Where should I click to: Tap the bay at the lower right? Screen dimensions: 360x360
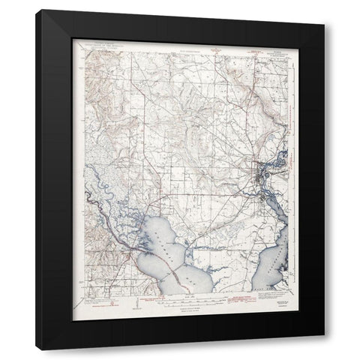tap(276, 258)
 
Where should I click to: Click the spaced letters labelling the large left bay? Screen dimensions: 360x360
tap(163, 255)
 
